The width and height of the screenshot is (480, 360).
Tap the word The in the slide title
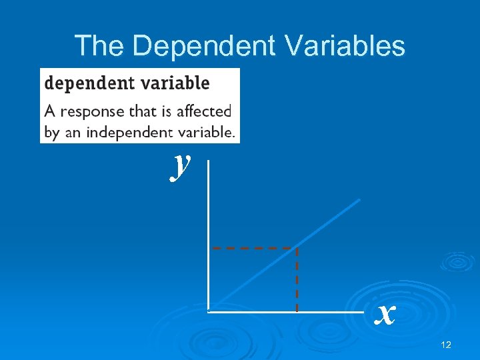(99, 46)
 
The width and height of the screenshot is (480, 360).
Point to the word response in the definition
(93, 111)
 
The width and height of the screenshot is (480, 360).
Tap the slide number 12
(446, 345)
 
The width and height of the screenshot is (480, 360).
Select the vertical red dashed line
(297, 280)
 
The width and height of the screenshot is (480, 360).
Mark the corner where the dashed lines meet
(296, 248)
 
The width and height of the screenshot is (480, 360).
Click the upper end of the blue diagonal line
(359, 199)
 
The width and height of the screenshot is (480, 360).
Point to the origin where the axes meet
(209, 311)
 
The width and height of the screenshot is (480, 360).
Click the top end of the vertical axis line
(209, 161)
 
